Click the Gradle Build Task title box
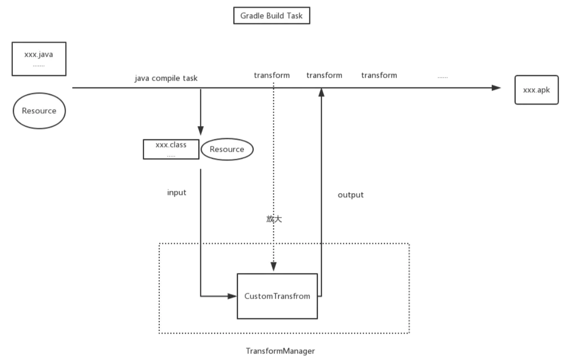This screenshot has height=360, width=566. [x=271, y=16]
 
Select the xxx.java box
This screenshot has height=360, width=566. [x=38, y=59]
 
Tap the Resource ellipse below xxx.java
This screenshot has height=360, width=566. [x=39, y=111]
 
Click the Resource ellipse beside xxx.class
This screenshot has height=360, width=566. [x=227, y=149]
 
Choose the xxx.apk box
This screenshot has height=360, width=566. [x=536, y=90]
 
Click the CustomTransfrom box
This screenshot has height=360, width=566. [x=277, y=296]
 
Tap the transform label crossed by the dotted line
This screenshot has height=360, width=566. [x=271, y=75]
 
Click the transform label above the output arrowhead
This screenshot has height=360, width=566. [x=324, y=75]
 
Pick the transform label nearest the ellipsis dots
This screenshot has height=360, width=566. [x=379, y=75]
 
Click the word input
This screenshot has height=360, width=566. [x=177, y=193]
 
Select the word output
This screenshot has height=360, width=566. [x=350, y=195]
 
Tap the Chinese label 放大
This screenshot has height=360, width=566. [x=273, y=219]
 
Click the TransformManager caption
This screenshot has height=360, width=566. [x=280, y=351]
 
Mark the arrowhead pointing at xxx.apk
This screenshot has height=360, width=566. [x=496, y=88]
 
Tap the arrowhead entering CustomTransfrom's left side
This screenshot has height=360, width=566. [x=232, y=296]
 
